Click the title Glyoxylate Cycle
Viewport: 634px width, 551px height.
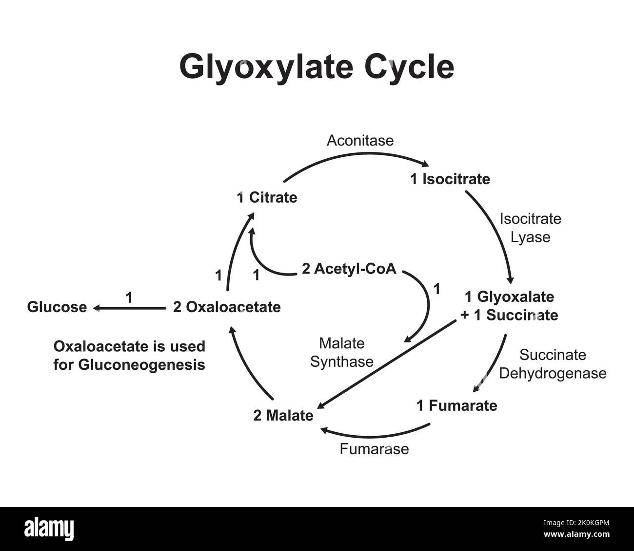[x=317, y=67]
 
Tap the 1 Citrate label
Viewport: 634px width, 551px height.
[x=267, y=198]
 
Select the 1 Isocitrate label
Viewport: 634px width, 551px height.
[x=450, y=179]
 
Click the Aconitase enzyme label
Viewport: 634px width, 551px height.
[x=360, y=141]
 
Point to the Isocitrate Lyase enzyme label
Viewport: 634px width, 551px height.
[x=530, y=228]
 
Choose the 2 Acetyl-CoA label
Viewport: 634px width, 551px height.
[x=349, y=269]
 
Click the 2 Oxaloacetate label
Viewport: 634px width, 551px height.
[x=227, y=307]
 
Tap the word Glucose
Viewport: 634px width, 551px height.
[x=57, y=307]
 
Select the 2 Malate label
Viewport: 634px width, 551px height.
[x=283, y=416]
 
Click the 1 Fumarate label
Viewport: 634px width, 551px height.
[x=456, y=405]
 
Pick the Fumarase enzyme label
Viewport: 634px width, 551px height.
[x=374, y=449]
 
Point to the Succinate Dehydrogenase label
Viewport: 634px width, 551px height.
[x=553, y=364]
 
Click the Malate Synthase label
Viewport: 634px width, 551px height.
[x=341, y=353]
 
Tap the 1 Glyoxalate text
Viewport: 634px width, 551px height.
[x=509, y=297]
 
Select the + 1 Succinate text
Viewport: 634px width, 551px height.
[x=509, y=315]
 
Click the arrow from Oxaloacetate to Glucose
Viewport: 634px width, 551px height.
[x=129, y=308]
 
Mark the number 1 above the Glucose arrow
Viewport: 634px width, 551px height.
[x=129, y=297]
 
